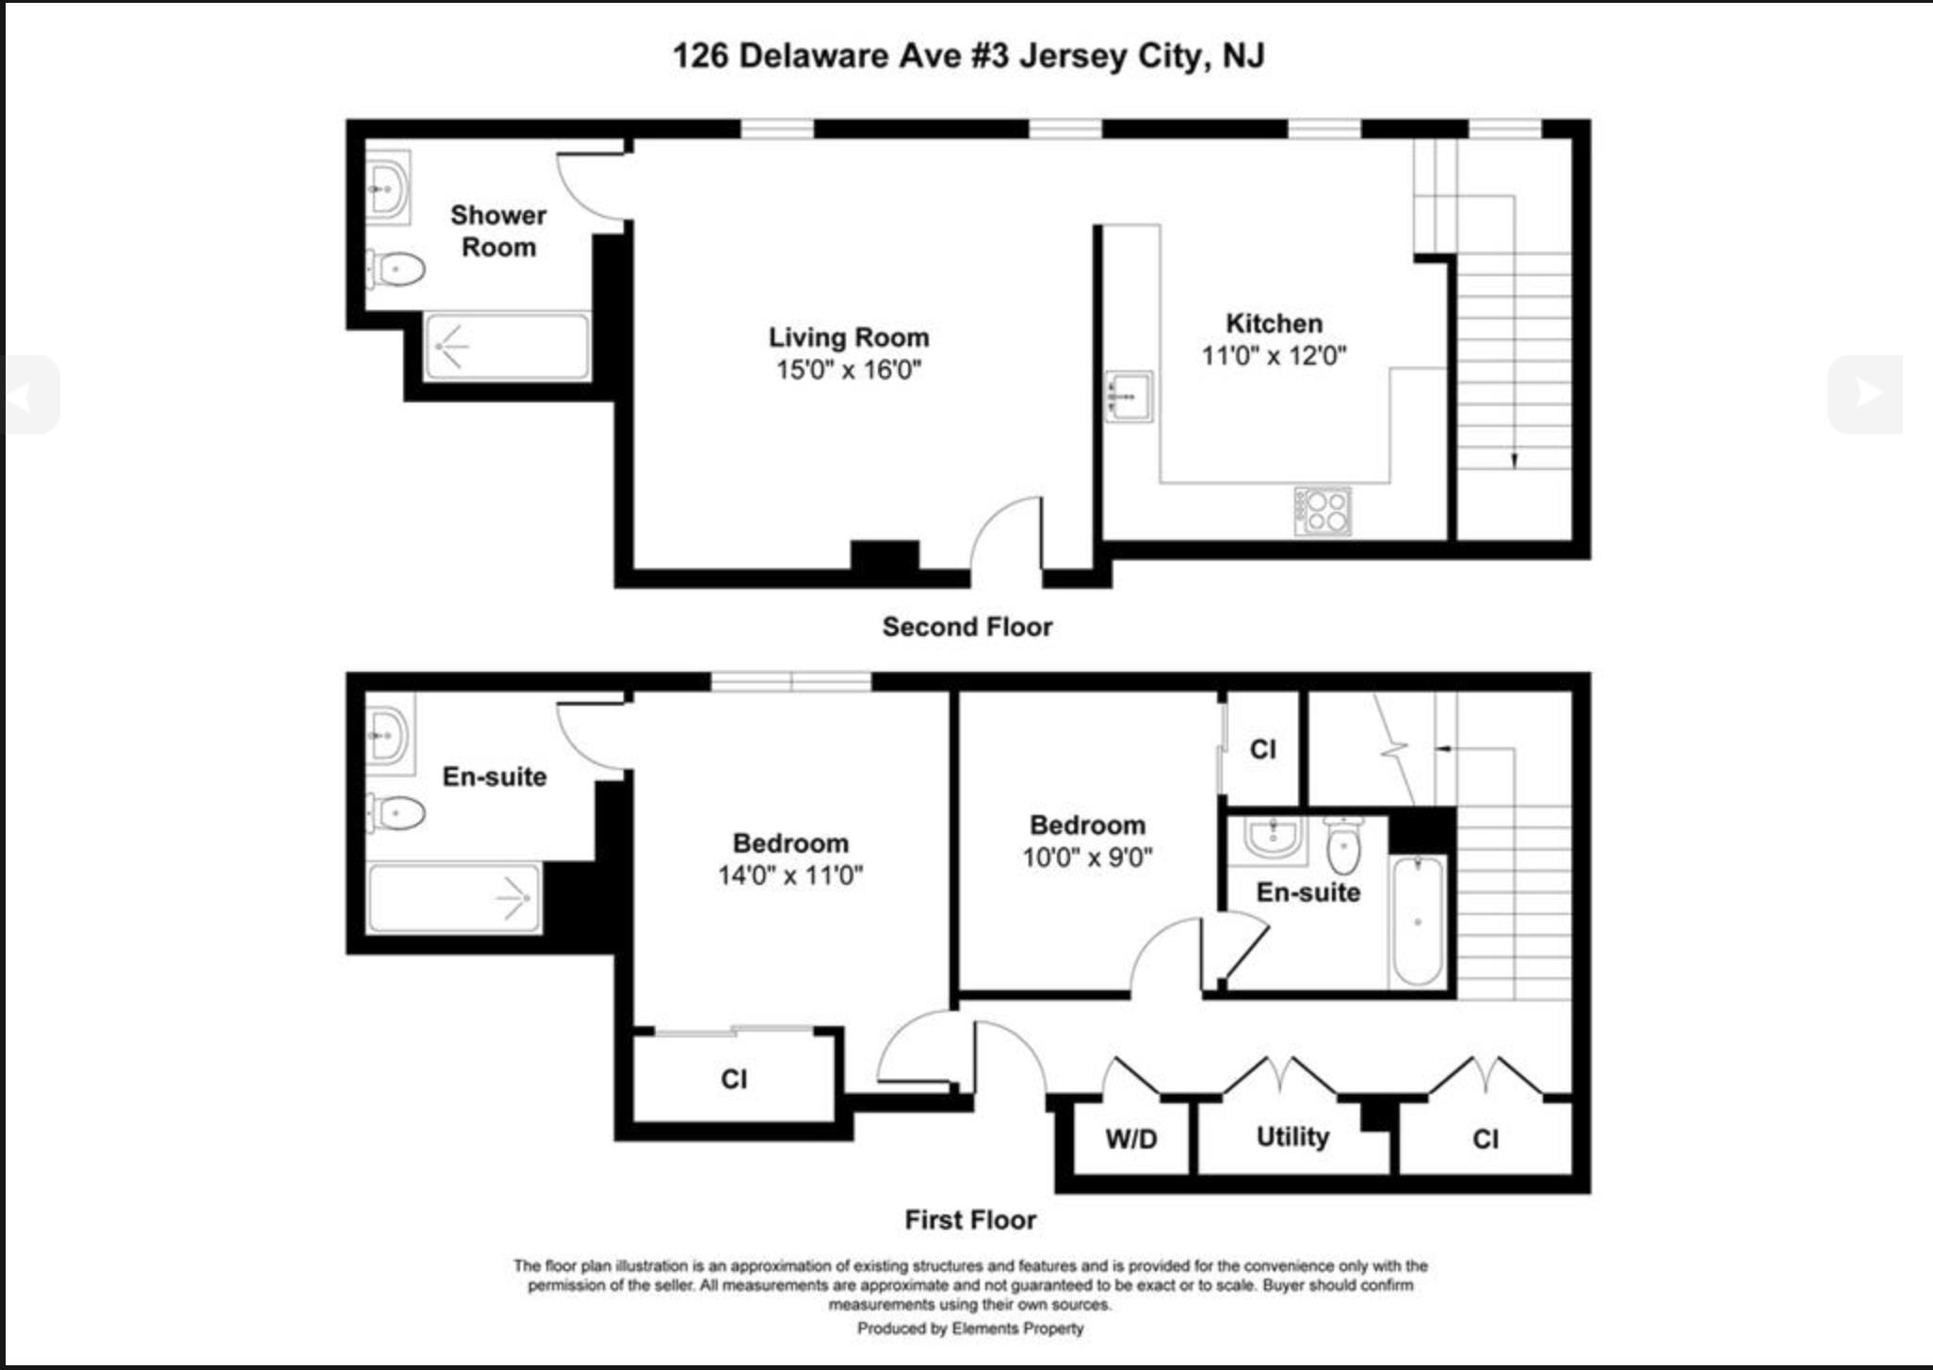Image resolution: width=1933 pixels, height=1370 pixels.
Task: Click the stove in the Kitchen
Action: (1323, 511)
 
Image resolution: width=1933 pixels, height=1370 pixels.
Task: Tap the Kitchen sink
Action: (1129, 397)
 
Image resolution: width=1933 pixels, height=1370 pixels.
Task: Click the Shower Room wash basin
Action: (387, 188)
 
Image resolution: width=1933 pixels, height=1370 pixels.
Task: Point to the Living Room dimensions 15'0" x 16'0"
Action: (848, 369)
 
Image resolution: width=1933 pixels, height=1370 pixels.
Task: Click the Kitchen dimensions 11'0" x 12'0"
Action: (1274, 355)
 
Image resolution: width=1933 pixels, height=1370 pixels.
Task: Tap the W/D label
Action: (1131, 1138)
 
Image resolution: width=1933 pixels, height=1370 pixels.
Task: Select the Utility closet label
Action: (1292, 1136)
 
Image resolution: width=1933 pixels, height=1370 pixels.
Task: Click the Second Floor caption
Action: (966, 627)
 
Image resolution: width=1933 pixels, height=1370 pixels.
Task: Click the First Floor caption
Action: (970, 1219)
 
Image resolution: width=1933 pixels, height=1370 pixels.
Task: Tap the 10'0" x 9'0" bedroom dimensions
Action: (1087, 857)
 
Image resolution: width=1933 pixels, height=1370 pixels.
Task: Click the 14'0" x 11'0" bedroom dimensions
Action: (789, 875)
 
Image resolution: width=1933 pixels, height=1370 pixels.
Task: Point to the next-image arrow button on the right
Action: (1865, 394)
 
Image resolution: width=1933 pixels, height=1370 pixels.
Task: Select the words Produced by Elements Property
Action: (970, 1329)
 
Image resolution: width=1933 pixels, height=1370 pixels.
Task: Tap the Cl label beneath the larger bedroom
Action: (734, 1079)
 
